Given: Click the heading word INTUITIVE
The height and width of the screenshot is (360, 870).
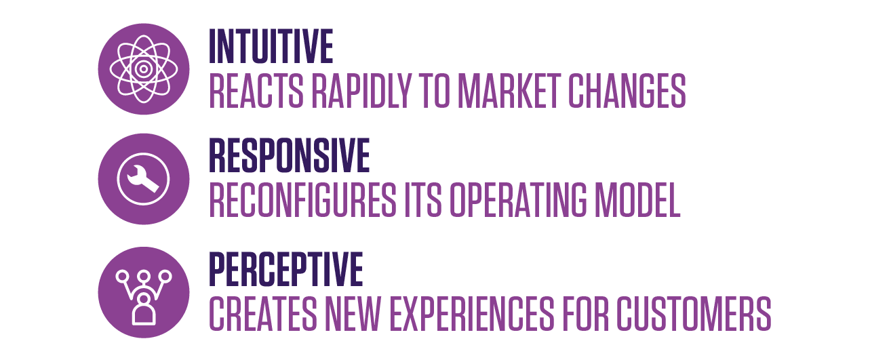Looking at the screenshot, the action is coord(271,46).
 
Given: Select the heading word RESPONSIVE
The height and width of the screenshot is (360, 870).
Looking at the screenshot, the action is coord(289,155).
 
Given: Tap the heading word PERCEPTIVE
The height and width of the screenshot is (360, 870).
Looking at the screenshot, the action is coord(285,268).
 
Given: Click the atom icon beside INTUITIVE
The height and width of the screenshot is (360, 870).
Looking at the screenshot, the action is coord(144,69).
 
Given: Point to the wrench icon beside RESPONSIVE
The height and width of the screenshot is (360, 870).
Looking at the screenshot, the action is coord(144,179).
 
